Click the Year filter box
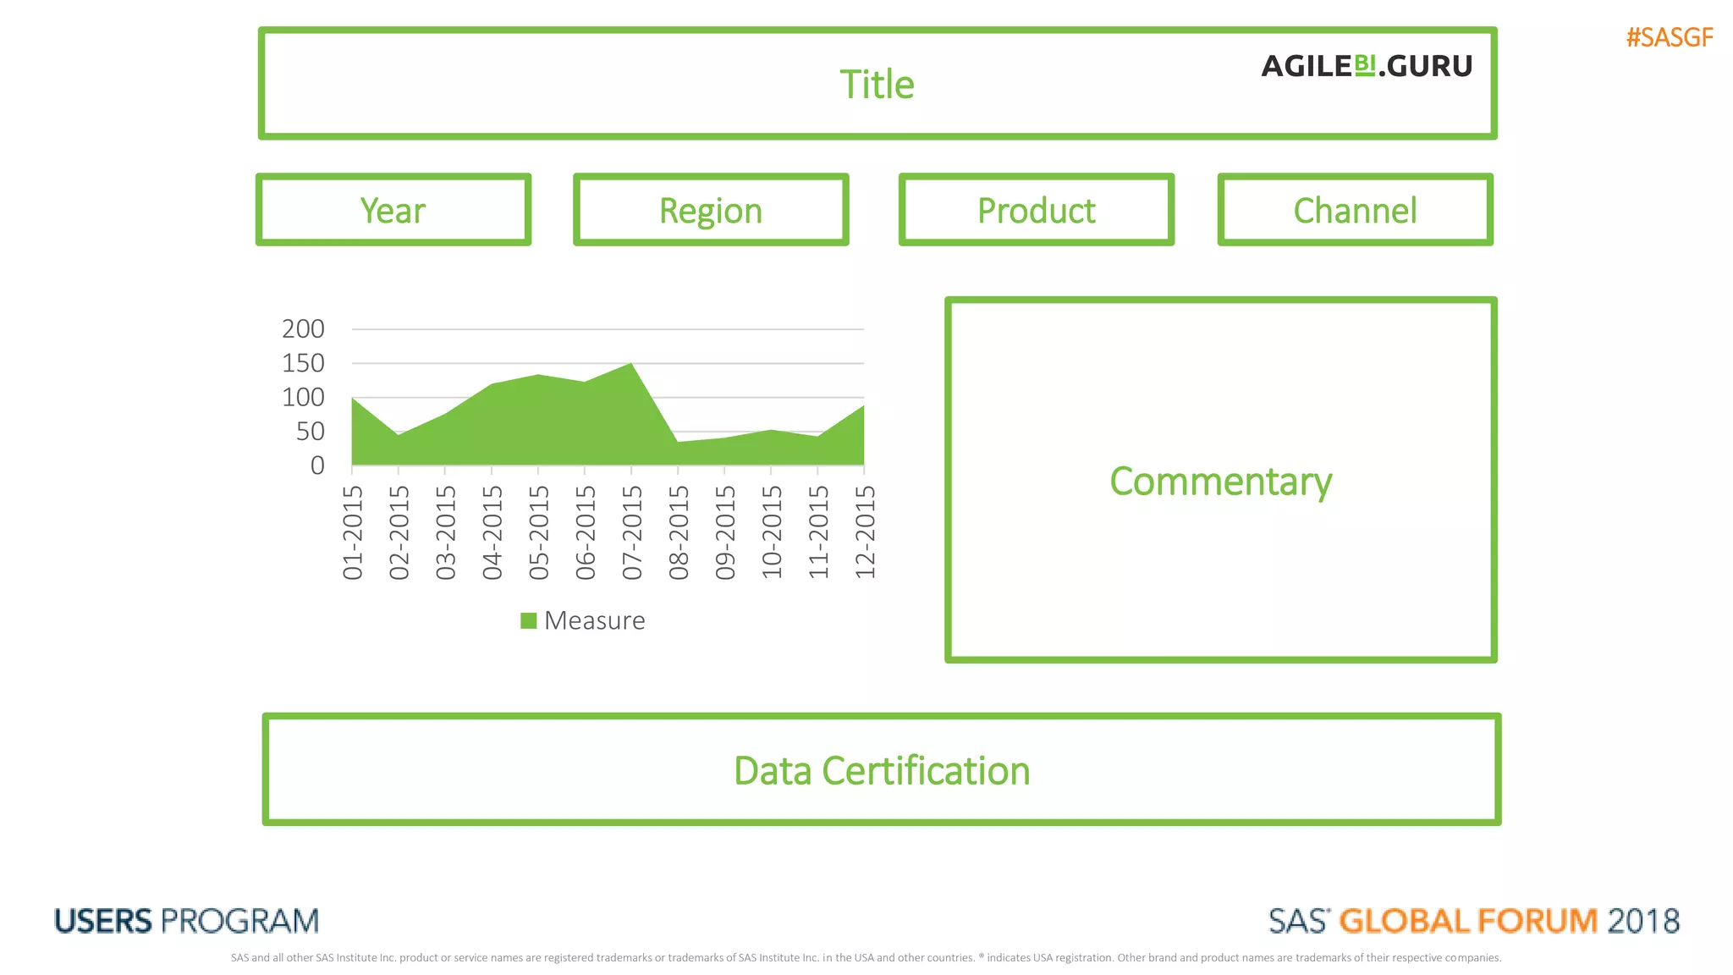click(393, 210)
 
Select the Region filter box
click(711, 210)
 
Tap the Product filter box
click(1036, 210)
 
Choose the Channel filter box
click(1355, 210)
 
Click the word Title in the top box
click(877, 85)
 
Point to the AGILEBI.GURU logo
click(1367, 66)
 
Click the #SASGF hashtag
click(1669, 37)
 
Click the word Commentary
click(1220, 481)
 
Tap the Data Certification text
click(882, 771)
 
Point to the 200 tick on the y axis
click(303, 328)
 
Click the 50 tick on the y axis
click(310, 432)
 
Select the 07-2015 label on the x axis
click(632, 532)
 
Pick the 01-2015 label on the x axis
click(353, 532)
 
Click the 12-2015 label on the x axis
click(865, 532)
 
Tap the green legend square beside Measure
click(529, 620)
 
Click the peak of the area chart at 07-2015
click(630, 365)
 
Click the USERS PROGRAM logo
click(186, 921)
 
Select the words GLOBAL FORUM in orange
click(1468, 921)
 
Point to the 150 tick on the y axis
click(303, 363)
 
